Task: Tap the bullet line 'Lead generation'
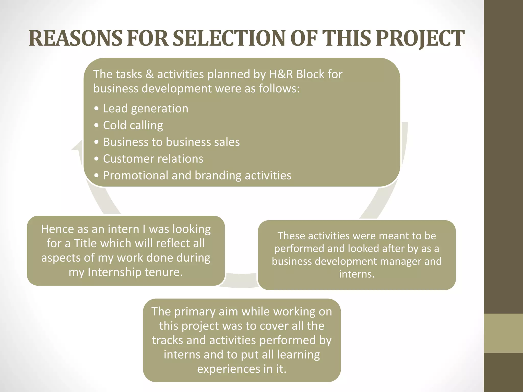(146, 108)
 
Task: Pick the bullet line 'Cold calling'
(133, 125)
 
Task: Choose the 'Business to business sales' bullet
(171, 142)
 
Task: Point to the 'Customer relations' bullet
(153, 159)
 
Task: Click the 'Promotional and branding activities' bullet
(197, 176)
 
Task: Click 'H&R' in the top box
(281, 74)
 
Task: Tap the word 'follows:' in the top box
(279, 89)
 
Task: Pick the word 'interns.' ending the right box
(357, 274)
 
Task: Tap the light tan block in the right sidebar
(503, 333)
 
